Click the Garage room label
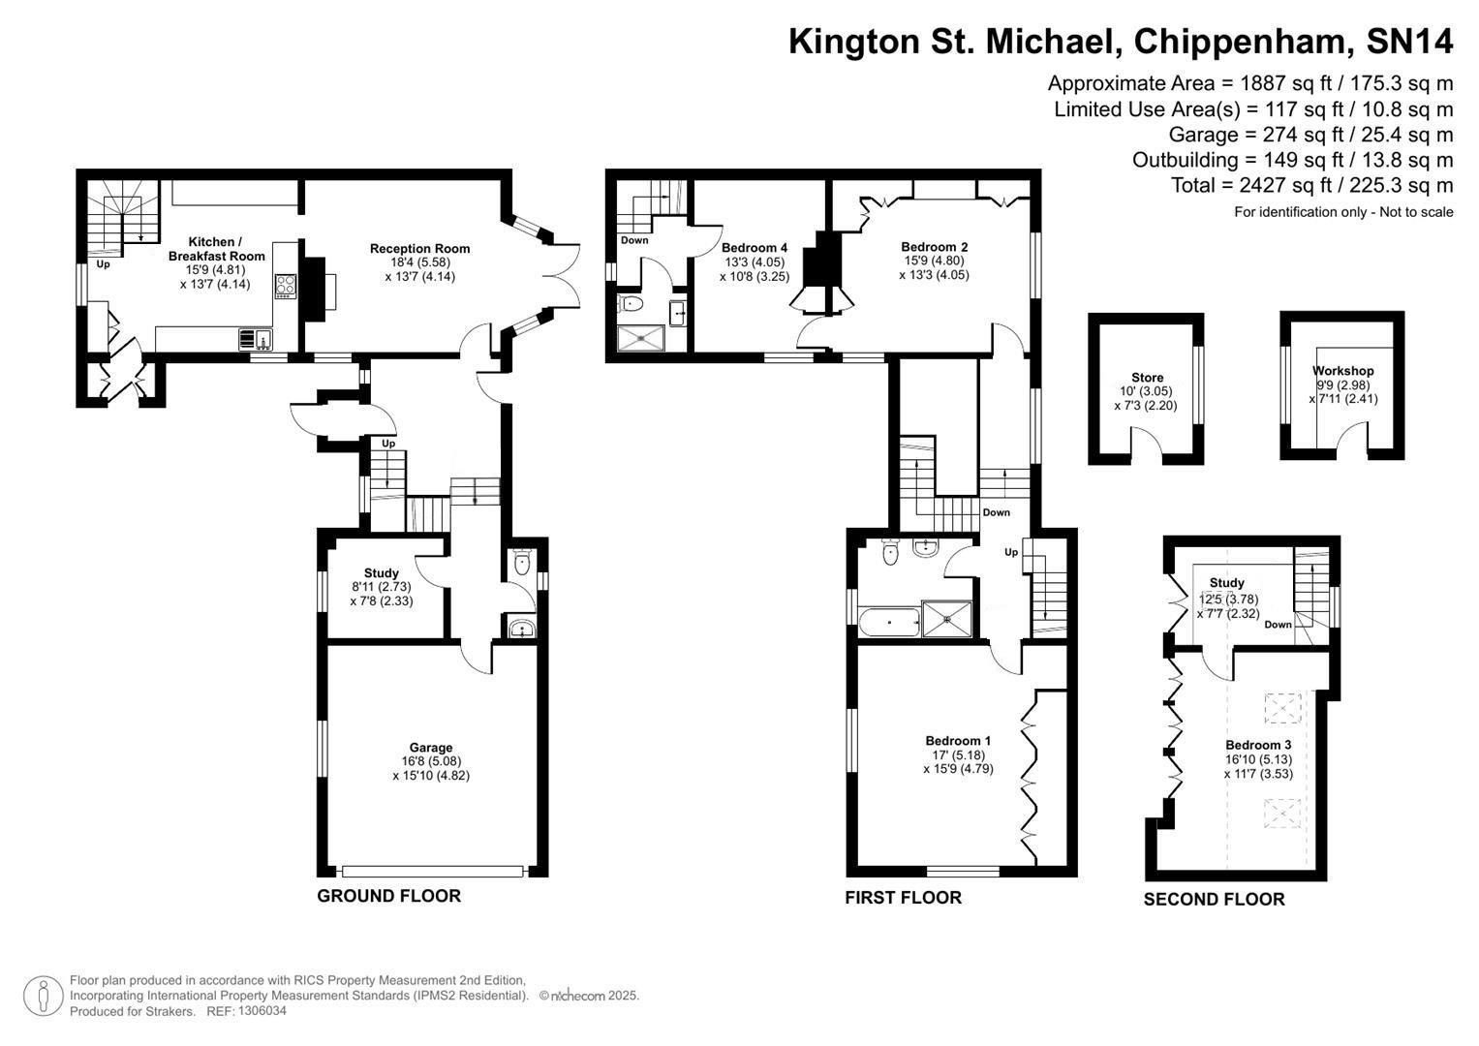pos(431,748)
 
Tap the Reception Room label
pos(419,249)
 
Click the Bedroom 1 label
pos(957,741)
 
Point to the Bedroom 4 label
pos(755,248)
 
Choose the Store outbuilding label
pos(1147,378)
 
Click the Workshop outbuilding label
pos(1342,371)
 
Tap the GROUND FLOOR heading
pos(388,896)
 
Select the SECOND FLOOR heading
pos(1214,900)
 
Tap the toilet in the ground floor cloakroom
pos(523,563)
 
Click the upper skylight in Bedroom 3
pos(1283,709)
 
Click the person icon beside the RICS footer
pos(43,996)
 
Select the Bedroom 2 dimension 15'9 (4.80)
pos(936,261)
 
